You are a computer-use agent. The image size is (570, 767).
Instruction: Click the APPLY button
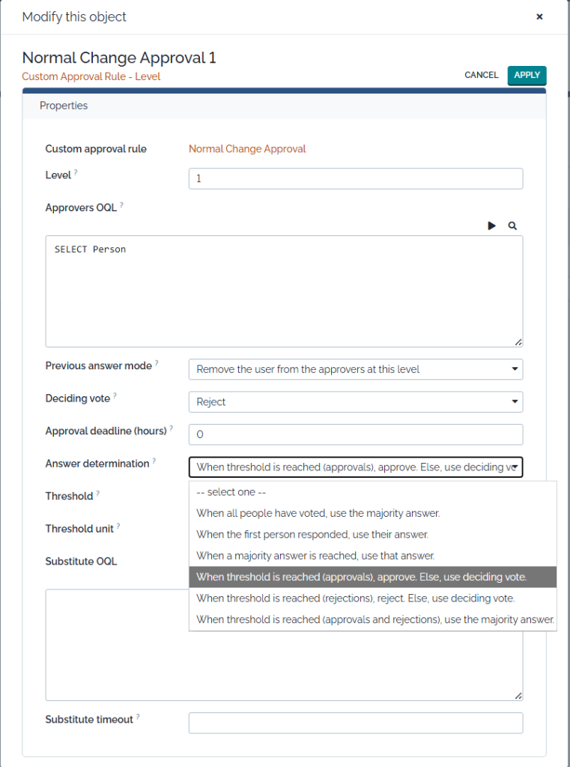tap(527, 75)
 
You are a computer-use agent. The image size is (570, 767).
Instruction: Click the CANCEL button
tap(481, 75)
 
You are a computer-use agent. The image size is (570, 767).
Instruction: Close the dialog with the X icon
tap(539, 16)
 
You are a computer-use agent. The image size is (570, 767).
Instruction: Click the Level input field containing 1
tap(355, 179)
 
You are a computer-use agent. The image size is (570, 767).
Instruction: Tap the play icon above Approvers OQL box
tap(492, 225)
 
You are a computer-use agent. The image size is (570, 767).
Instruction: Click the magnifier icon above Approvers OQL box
tap(512, 225)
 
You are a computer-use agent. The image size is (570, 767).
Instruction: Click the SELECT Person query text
tap(90, 249)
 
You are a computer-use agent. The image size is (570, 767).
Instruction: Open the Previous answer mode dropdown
tap(355, 369)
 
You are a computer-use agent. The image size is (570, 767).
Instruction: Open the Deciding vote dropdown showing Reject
tap(355, 402)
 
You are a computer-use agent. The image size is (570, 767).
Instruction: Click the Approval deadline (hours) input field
tap(355, 434)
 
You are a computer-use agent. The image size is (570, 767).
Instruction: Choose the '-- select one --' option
tap(231, 492)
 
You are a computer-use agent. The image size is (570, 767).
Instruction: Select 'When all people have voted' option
tap(318, 513)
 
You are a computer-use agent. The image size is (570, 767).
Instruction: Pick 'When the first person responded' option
tap(312, 535)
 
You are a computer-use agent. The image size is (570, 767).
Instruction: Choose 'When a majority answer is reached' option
tap(315, 556)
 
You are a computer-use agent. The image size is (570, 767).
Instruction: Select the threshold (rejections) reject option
tap(355, 598)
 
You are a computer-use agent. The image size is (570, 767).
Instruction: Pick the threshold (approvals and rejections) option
tap(375, 619)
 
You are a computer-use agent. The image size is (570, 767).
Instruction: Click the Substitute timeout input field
tap(355, 723)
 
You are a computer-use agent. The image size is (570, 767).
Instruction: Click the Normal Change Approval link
tap(247, 149)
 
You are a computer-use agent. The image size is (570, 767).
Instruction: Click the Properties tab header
tap(64, 106)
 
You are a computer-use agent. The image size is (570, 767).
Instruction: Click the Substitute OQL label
tap(81, 561)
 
